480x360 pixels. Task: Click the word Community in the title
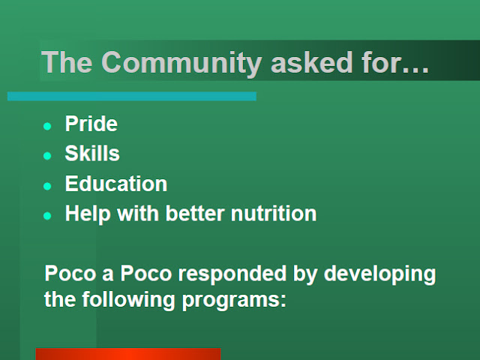(181, 64)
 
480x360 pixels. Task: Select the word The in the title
(67, 62)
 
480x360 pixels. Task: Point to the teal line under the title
(132, 96)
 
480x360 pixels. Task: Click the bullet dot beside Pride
(47, 126)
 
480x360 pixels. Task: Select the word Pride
(91, 124)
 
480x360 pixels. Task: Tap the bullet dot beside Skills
(47, 156)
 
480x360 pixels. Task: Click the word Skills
(92, 153)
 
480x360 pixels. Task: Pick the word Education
(116, 184)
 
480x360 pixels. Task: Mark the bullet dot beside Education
(47, 186)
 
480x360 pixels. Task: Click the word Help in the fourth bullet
(88, 214)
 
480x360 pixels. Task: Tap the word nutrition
(274, 213)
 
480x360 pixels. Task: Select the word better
(195, 213)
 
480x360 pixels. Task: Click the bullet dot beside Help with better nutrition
(47, 216)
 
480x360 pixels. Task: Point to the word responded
(232, 274)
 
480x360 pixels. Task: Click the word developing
(380, 274)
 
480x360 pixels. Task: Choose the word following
(128, 300)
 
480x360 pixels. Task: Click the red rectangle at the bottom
(128, 354)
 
